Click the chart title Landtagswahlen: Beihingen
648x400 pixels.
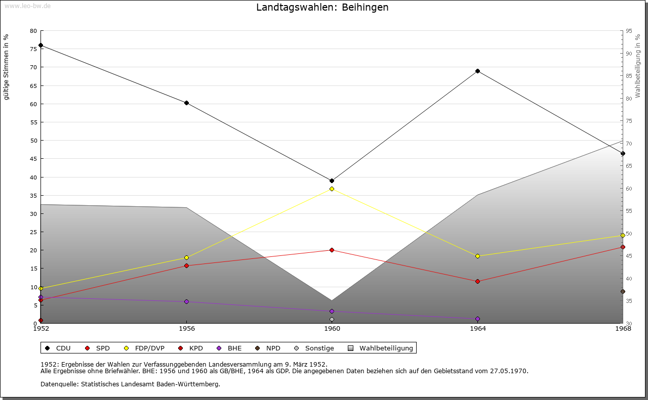[322, 8]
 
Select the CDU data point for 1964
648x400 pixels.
[477, 71]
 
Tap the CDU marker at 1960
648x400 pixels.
[332, 181]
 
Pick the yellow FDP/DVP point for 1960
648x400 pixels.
[332, 189]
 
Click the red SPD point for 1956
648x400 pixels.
[186, 265]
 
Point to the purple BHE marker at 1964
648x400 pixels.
[477, 319]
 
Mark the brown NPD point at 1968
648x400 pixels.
[623, 291]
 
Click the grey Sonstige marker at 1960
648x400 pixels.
[332, 319]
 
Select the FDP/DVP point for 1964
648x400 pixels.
[477, 256]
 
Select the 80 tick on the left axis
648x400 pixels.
[33, 31]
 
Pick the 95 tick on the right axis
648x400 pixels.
[629, 31]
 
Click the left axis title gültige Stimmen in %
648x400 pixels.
[7, 67]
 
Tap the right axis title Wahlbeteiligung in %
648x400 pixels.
[638, 66]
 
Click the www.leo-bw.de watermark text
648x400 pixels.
[27, 5]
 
